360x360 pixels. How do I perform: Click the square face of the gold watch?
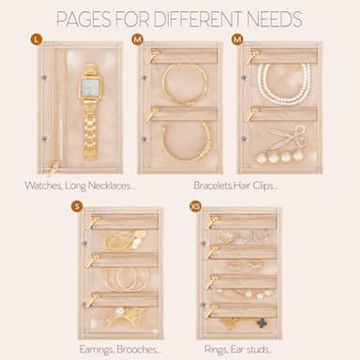click(90, 87)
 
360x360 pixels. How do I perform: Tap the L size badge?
click(37, 39)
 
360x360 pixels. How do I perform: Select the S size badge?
click(77, 206)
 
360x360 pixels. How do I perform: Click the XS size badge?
click(195, 206)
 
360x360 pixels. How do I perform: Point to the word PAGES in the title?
click(83, 19)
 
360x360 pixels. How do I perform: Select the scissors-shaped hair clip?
click(287, 138)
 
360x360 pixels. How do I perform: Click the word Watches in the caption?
click(43, 186)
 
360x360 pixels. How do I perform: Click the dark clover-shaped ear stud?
click(262, 323)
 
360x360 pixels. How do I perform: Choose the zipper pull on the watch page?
click(53, 167)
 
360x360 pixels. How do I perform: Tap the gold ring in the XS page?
click(224, 237)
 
